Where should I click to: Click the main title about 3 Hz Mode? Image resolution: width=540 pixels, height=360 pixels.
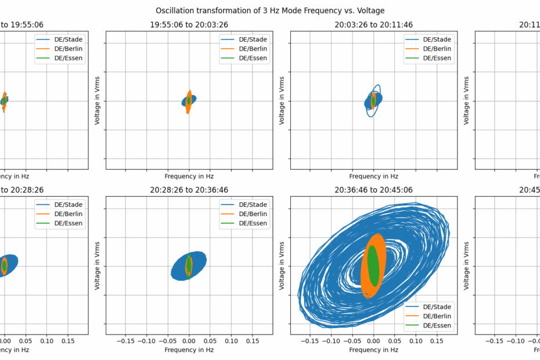270,10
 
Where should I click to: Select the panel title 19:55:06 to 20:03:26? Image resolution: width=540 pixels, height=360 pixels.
189,25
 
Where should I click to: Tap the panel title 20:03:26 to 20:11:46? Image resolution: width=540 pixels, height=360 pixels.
373,25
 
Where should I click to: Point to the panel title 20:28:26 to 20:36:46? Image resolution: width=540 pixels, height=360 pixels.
189,190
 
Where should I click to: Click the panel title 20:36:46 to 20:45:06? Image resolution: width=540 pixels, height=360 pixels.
373,190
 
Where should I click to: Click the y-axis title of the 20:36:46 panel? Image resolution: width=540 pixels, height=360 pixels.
283,265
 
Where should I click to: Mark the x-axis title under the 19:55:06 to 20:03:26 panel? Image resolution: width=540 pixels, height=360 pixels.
189,176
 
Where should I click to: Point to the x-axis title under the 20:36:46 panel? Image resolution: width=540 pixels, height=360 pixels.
373,350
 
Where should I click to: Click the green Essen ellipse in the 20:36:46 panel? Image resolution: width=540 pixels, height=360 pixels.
373,266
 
